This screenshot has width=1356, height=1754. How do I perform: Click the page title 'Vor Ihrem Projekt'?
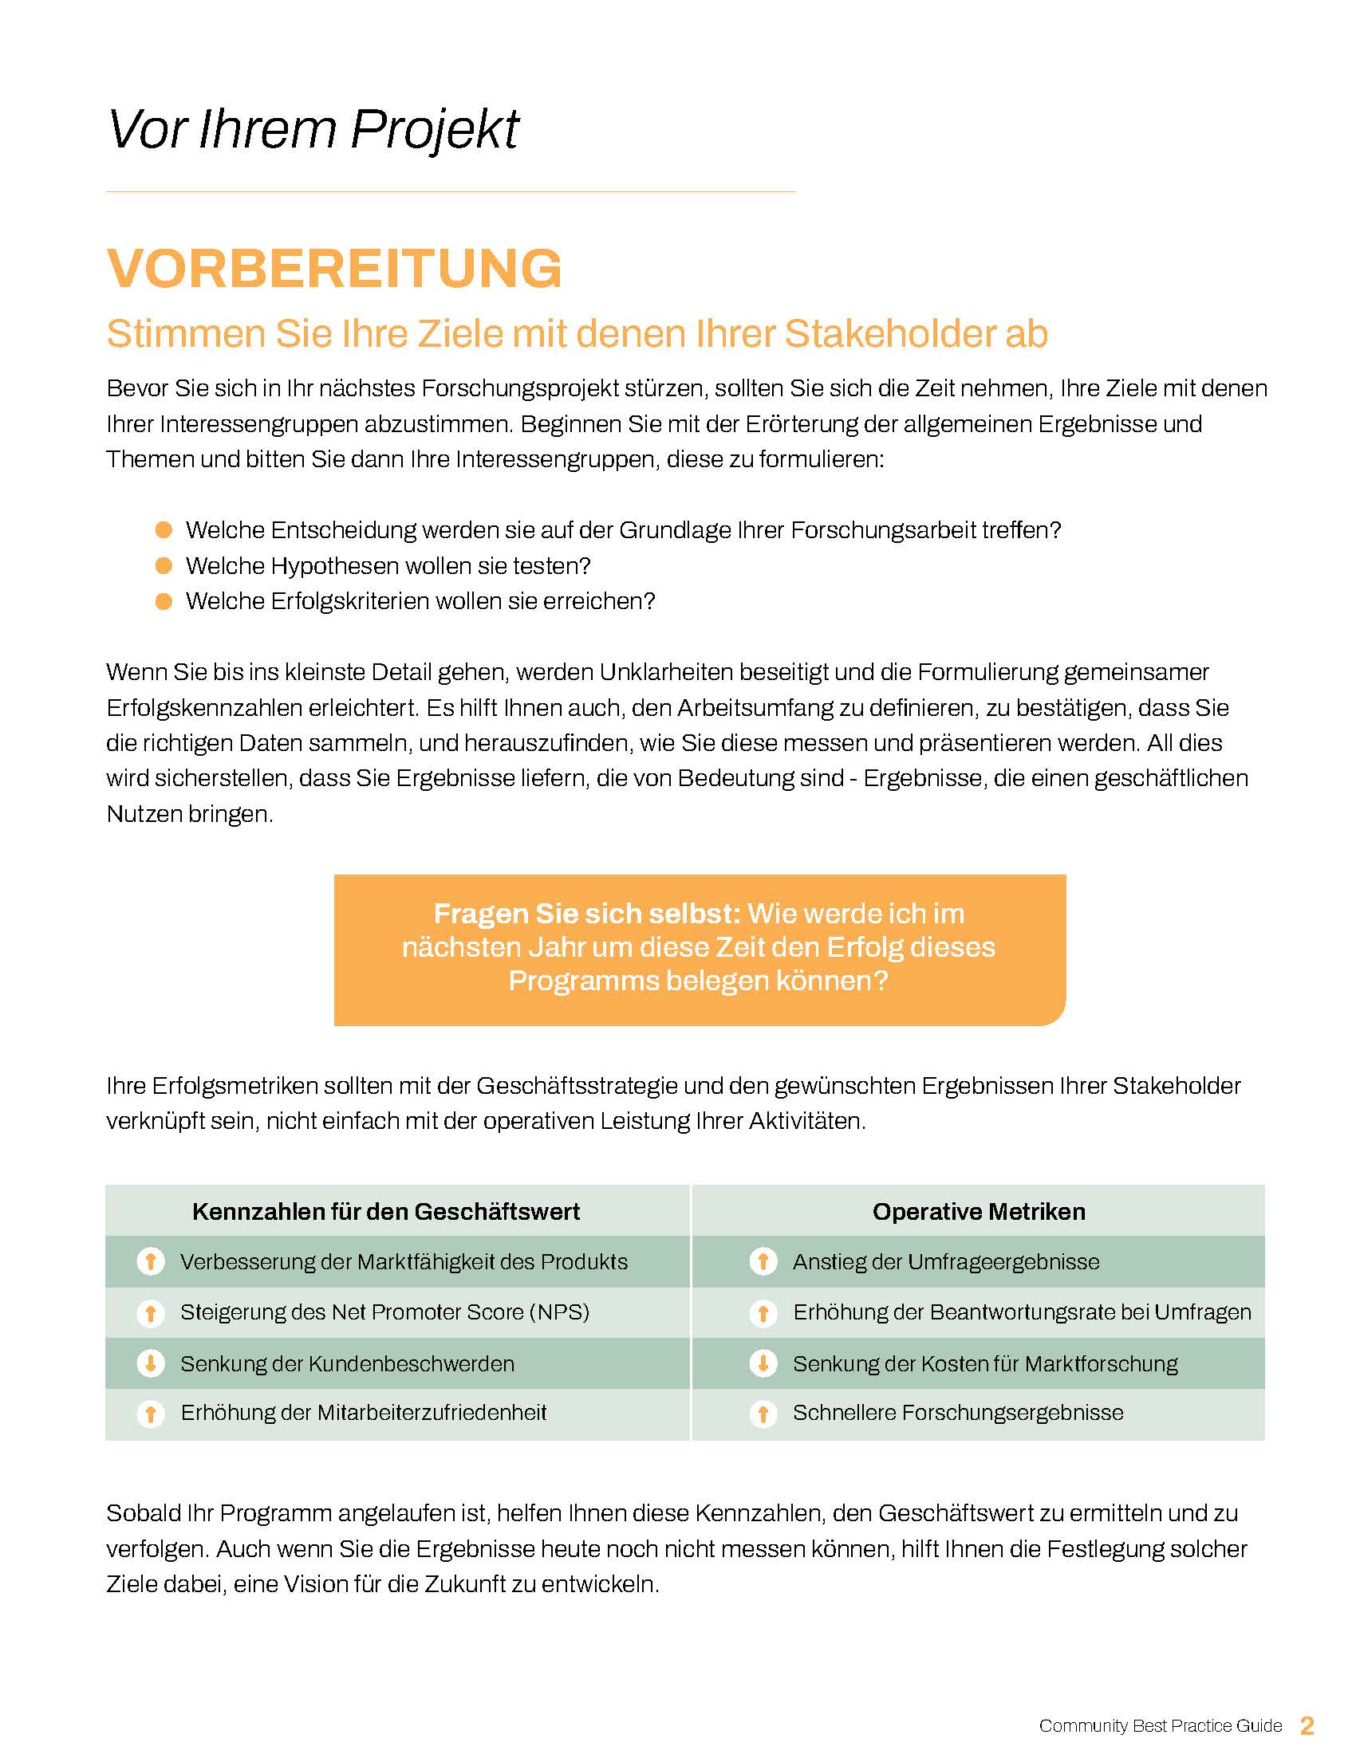[x=313, y=130]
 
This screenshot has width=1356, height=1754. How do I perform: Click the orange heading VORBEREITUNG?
[x=334, y=268]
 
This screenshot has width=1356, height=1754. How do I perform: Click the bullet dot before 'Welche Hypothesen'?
[x=164, y=566]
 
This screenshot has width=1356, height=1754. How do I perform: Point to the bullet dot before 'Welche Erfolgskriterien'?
[x=164, y=601]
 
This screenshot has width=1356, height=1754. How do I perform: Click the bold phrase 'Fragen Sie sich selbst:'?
[x=586, y=914]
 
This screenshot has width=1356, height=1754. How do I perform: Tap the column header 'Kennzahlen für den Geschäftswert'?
[x=385, y=1211]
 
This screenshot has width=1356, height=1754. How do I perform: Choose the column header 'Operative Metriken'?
[x=979, y=1211]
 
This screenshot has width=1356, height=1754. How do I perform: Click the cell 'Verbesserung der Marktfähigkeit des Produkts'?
[x=404, y=1262]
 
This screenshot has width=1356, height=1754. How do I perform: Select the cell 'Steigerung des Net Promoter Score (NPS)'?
[x=384, y=1312]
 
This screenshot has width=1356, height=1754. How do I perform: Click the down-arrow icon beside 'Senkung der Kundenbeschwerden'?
[x=150, y=1363]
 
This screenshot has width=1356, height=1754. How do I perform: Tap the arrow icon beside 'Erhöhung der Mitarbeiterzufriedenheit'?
[x=150, y=1414]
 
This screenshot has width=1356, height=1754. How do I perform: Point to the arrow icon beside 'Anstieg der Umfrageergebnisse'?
[x=763, y=1262]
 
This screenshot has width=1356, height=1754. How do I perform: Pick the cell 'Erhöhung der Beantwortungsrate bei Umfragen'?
[x=1022, y=1312]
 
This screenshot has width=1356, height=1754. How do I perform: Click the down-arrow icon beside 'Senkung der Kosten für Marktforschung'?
[x=763, y=1363]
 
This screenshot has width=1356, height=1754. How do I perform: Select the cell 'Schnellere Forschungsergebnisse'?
[x=957, y=1413]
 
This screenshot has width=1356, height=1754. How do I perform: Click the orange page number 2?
[x=1307, y=1725]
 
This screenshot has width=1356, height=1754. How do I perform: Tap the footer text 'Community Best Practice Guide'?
[x=1160, y=1726]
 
